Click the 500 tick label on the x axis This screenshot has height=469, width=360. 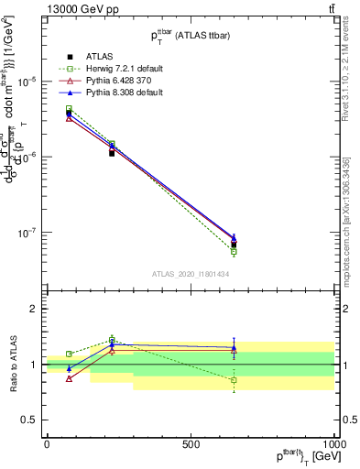click(x=191, y=444)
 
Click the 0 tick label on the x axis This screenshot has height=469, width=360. click(x=47, y=444)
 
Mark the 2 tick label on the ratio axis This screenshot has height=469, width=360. click(x=30, y=309)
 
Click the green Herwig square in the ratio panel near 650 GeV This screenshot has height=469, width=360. click(x=234, y=379)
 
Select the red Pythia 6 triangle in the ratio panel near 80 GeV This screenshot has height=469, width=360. click(x=69, y=378)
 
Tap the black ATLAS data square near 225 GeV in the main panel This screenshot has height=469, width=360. click(x=111, y=153)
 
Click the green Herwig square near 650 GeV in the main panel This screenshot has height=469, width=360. click(x=234, y=251)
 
